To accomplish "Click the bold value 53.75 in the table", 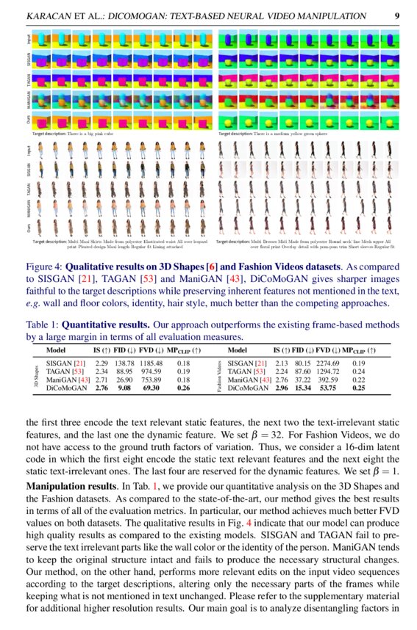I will (329, 388).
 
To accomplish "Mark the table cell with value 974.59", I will (151, 372).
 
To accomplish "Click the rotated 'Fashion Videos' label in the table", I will (219, 375).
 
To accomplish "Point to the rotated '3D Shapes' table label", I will (37, 375).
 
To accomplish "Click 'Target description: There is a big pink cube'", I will (77, 134).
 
